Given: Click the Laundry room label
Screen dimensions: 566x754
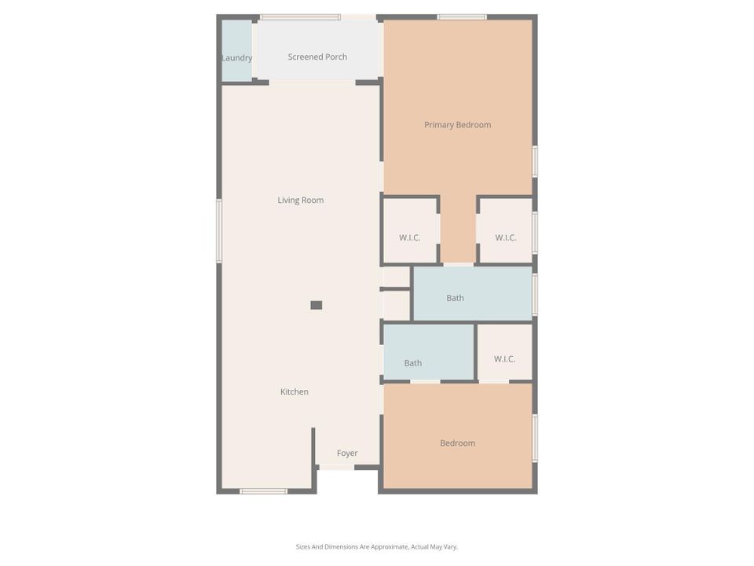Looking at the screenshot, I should coord(236,58).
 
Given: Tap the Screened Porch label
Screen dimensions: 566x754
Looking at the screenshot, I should coord(317,57).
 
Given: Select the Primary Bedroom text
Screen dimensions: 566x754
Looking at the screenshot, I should coord(457,125).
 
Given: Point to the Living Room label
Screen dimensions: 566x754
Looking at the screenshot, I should coord(300,200).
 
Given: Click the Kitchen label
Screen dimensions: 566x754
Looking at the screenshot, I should coord(295,391).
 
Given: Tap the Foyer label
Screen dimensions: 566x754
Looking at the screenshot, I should coord(347,454).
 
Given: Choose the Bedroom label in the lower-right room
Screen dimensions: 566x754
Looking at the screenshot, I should coord(457,443).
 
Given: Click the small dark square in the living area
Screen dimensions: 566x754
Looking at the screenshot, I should coord(317,305).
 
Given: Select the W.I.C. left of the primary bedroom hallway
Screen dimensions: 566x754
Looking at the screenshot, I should coord(410,237).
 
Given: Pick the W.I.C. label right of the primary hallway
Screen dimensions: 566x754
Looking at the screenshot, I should coord(506,237).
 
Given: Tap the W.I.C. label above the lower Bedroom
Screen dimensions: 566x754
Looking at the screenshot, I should coord(504,359).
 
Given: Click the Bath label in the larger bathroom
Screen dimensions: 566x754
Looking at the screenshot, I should coord(455,298).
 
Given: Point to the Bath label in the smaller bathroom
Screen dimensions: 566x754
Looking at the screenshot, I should coord(413,363).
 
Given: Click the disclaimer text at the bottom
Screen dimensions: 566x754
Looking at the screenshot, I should coord(377,546).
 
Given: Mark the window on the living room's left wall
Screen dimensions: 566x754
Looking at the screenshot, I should coord(219,230).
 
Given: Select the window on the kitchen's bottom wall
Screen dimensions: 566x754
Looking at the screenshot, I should coord(263,492).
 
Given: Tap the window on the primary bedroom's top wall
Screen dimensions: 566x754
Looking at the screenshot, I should coord(461,17).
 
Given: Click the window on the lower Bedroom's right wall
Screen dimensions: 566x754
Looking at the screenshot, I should coord(536,438).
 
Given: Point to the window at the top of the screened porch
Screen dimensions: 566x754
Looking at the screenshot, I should coord(300,17).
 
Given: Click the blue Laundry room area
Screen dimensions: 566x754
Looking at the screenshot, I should coord(236,39).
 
